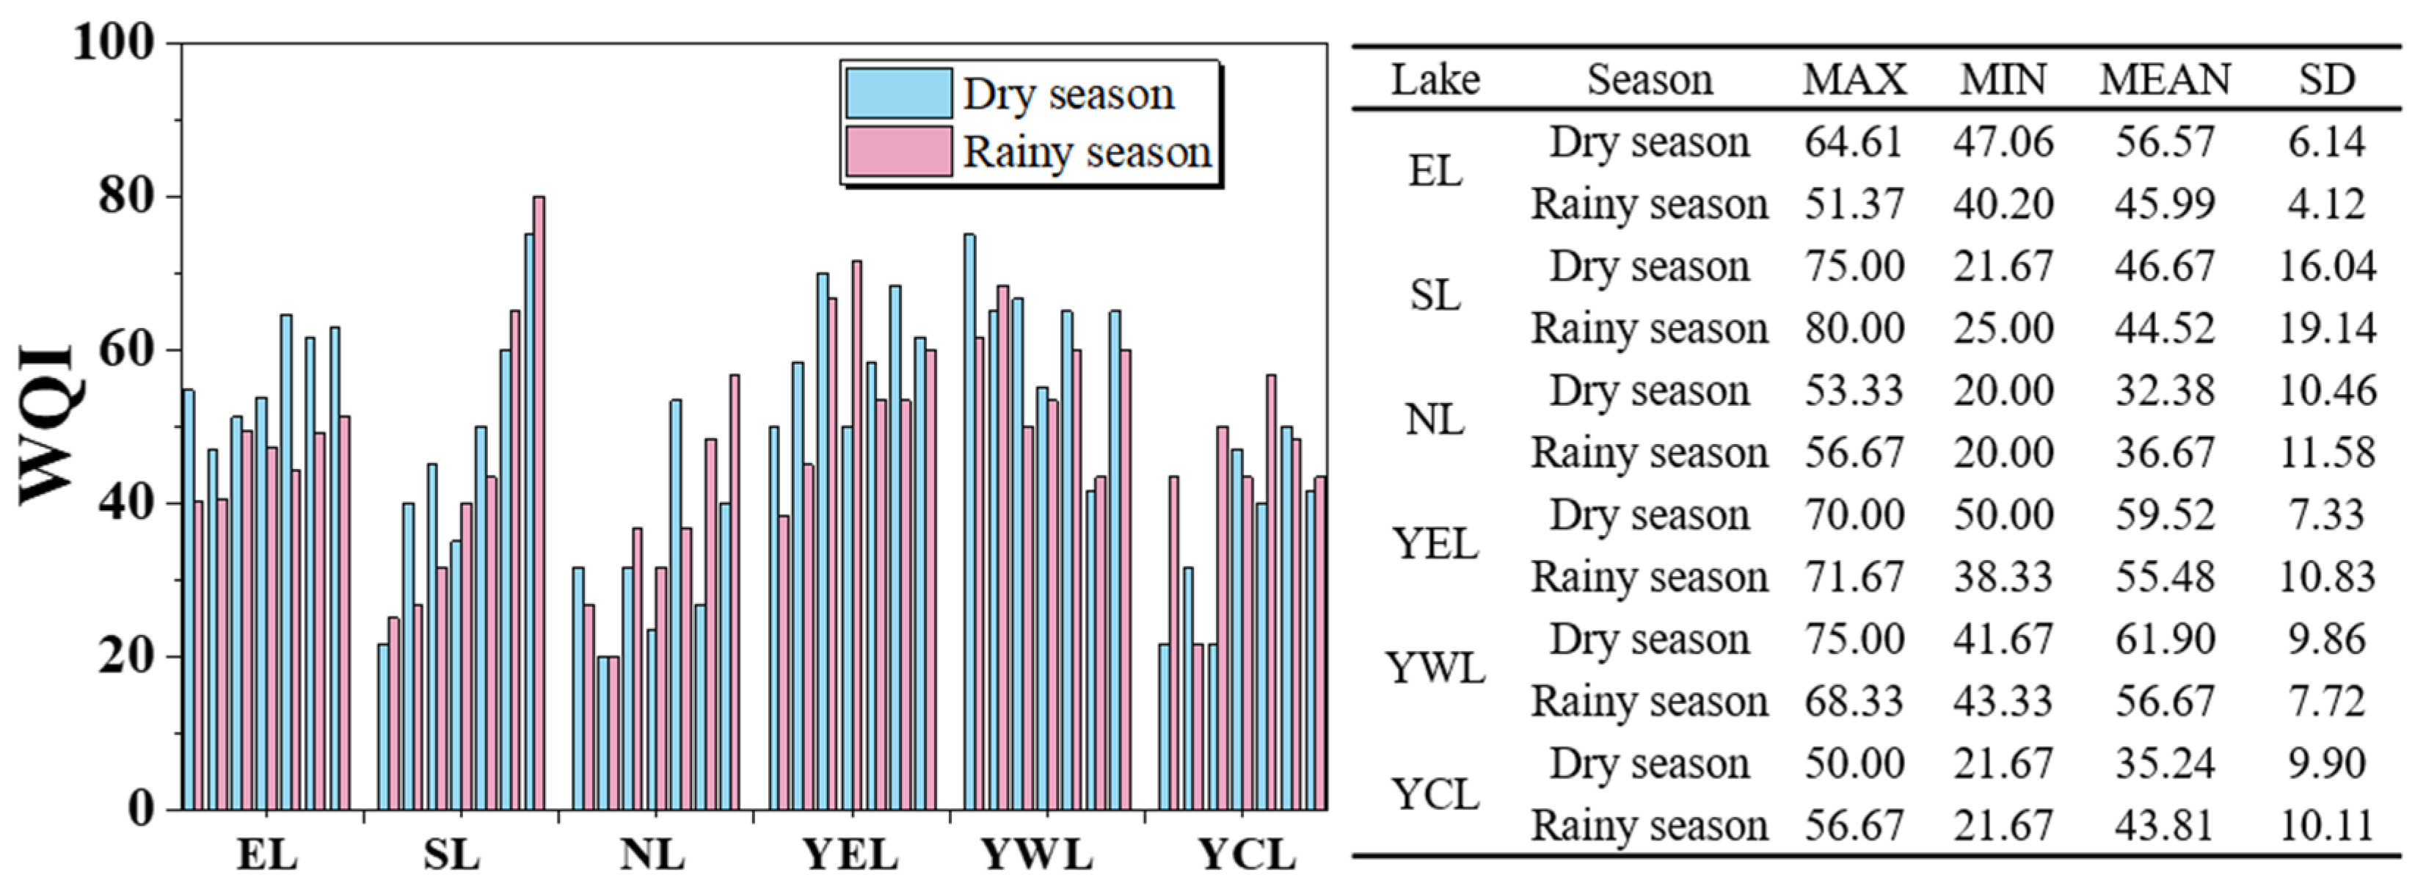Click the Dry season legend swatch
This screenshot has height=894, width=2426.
[x=897, y=92]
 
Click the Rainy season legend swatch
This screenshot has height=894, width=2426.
[x=897, y=150]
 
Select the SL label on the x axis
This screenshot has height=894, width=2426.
[x=451, y=854]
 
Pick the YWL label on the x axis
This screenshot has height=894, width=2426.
[x=1037, y=854]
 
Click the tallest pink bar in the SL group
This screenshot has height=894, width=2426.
[x=539, y=499]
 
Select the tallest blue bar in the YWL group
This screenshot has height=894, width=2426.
[x=969, y=518]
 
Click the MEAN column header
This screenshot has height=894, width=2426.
[x=2164, y=80]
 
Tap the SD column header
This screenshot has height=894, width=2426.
[x=2326, y=80]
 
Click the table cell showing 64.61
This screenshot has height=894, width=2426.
[x=1854, y=142]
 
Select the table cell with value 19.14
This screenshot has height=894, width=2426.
[x=2326, y=329]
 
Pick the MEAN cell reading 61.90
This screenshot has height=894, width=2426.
[x=2164, y=639]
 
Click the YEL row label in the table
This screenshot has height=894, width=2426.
[x=1435, y=545]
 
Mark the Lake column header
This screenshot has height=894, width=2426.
[x=1435, y=80]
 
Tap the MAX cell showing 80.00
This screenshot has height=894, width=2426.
[x=1854, y=329]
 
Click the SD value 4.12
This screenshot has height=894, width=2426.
[x=2326, y=205]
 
